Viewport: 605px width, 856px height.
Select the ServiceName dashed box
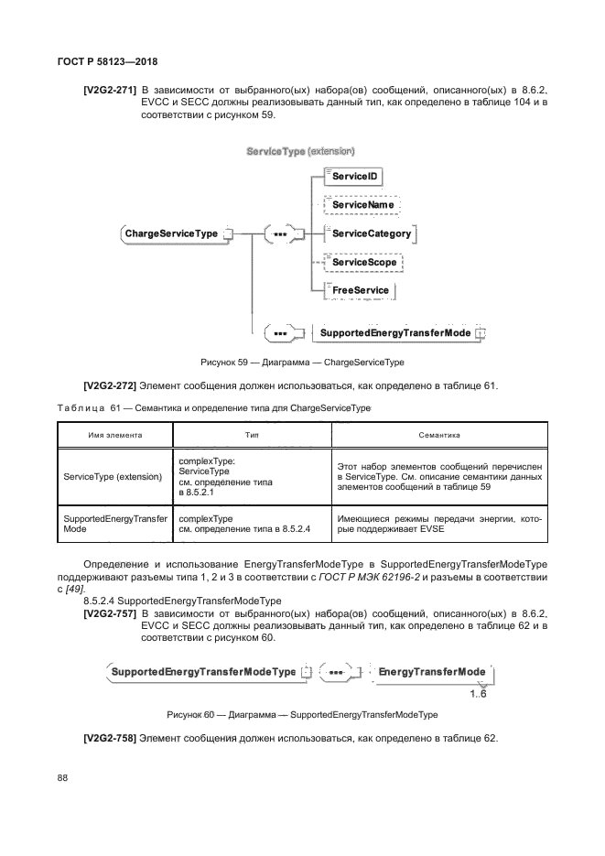(x=362, y=205)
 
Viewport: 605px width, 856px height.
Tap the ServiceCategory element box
(x=371, y=233)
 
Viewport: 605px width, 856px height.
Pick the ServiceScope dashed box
(x=365, y=262)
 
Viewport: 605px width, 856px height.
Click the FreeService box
(x=360, y=290)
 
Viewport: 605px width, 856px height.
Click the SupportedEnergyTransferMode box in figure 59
(x=395, y=332)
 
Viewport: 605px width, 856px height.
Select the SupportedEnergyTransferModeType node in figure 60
(x=203, y=672)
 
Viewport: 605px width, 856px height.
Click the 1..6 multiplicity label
(x=478, y=694)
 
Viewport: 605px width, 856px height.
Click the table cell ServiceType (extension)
(x=113, y=477)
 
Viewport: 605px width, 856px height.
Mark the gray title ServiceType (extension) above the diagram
(x=300, y=149)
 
